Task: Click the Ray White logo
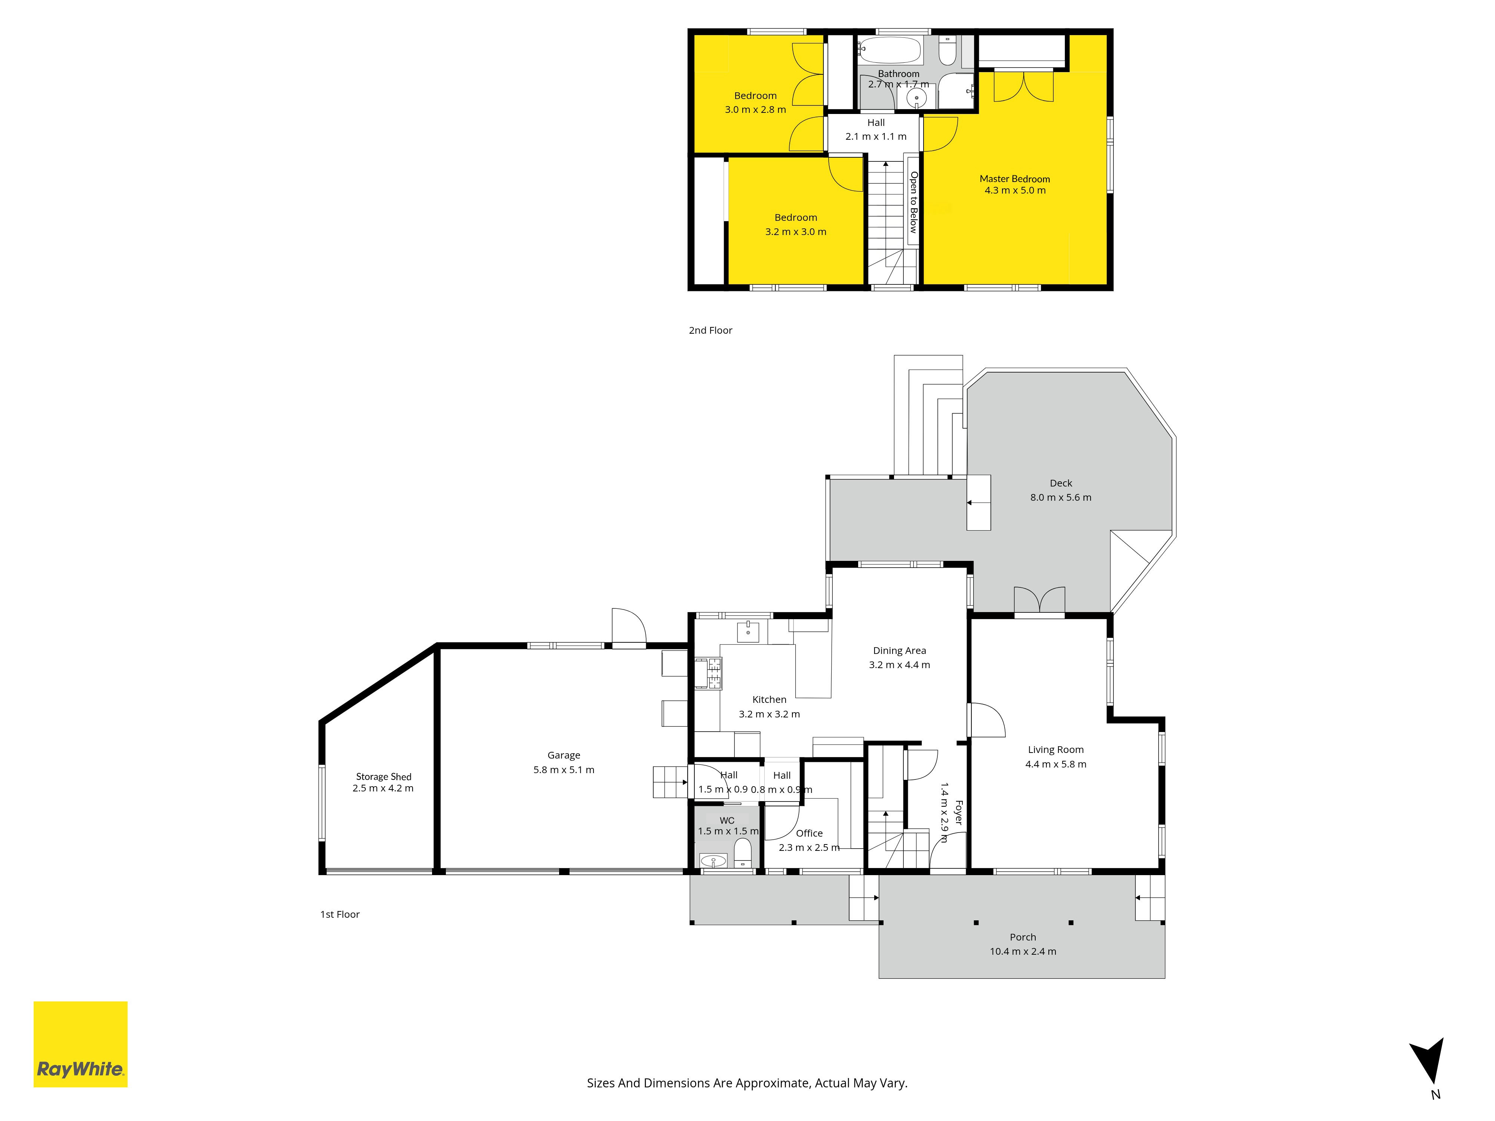(80, 1044)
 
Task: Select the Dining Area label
(899, 651)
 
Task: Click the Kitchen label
(769, 700)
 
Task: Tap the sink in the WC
(713, 861)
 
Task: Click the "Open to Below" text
(913, 202)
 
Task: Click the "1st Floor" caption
(340, 914)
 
